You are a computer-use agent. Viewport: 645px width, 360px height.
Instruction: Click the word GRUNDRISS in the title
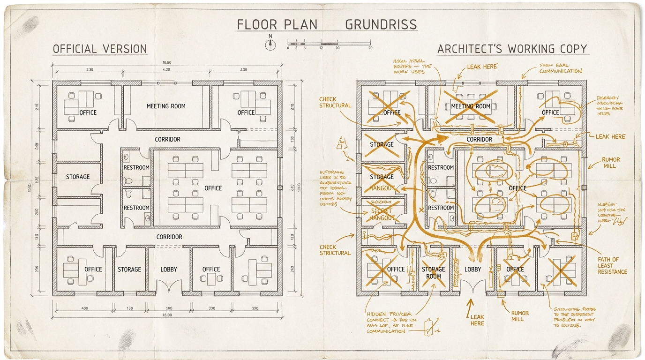[x=381, y=24]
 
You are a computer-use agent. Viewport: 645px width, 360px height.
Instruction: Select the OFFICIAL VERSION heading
[x=100, y=49]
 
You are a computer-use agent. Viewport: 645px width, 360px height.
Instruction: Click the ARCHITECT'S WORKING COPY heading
[x=512, y=49]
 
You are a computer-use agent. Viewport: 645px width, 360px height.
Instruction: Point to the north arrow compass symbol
[x=270, y=44]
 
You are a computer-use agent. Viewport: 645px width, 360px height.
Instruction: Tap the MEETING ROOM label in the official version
[x=166, y=106]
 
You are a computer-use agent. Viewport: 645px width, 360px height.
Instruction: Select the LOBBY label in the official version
[x=169, y=270]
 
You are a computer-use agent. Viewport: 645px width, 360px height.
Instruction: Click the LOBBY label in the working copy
[x=472, y=270]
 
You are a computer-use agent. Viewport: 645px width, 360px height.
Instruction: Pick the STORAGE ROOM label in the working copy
[x=433, y=273]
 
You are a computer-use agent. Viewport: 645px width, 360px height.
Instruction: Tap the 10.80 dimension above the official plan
[x=166, y=63]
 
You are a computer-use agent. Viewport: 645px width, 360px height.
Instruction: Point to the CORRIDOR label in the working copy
[x=480, y=139]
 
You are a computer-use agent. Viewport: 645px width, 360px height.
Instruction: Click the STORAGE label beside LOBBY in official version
[x=129, y=270]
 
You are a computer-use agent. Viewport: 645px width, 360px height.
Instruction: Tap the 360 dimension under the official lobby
[x=169, y=308]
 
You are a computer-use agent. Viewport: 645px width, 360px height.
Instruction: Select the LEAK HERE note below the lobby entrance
[x=477, y=320]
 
